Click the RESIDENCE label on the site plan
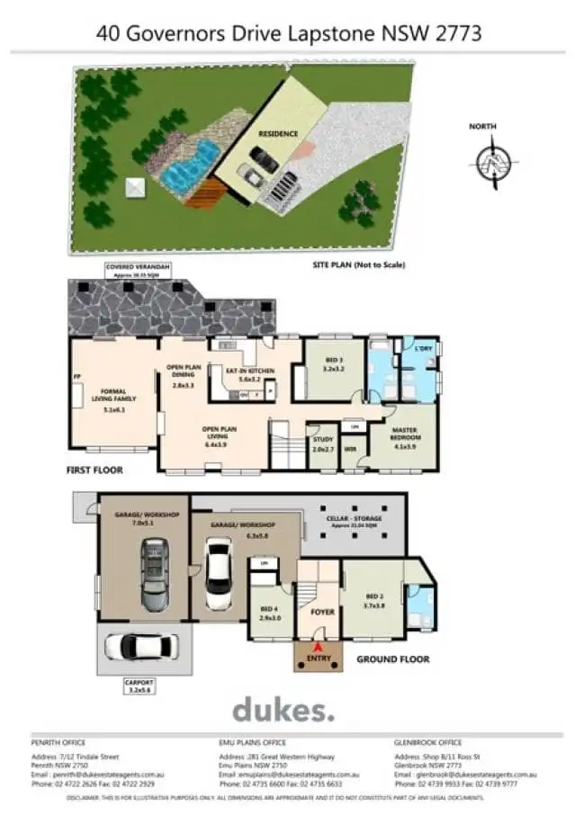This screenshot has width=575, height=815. (278, 133)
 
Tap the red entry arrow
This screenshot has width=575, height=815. (316, 646)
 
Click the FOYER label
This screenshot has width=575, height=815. (322, 613)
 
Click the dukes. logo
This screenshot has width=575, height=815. (283, 710)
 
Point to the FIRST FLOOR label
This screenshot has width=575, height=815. (94, 470)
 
